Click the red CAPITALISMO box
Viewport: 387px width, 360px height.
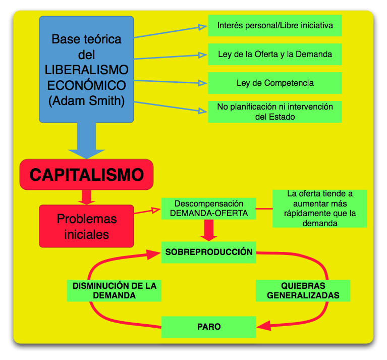pyautogui.click(x=86, y=175)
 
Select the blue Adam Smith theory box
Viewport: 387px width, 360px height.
pyautogui.click(x=86, y=69)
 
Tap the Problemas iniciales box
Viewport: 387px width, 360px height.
pyautogui.click(x=86, y=226)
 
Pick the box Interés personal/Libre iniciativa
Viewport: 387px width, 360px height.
pyautogui.click(x=274, y=25)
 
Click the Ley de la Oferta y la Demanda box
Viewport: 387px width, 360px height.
pyautogui.click(x=274, y=55)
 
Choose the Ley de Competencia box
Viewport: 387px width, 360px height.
pyautogui.click(x=274, y=83)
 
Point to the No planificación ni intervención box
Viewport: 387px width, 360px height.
pyautogui.click(x=274, y=112)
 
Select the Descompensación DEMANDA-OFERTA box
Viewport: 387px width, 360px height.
pyautogui.click(x=208, y=209)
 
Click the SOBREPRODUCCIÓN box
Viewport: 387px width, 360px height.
pyautogui.click(x=208, y=252)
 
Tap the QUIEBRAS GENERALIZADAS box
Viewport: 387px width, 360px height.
pyautogui.click(x=302, y=290)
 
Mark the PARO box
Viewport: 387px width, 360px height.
pyautogui.click(x=208, y=327)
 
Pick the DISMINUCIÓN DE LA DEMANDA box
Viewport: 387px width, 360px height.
pyautogui.click(x=114, y=290)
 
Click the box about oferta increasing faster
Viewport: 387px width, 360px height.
pyautogui.click(x=319, y=209)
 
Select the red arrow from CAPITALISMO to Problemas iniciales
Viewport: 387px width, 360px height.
pyautogui.click(x=86, y=197)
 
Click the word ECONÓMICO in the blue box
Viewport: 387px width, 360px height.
pyautogui.click(x=86, y=84)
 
